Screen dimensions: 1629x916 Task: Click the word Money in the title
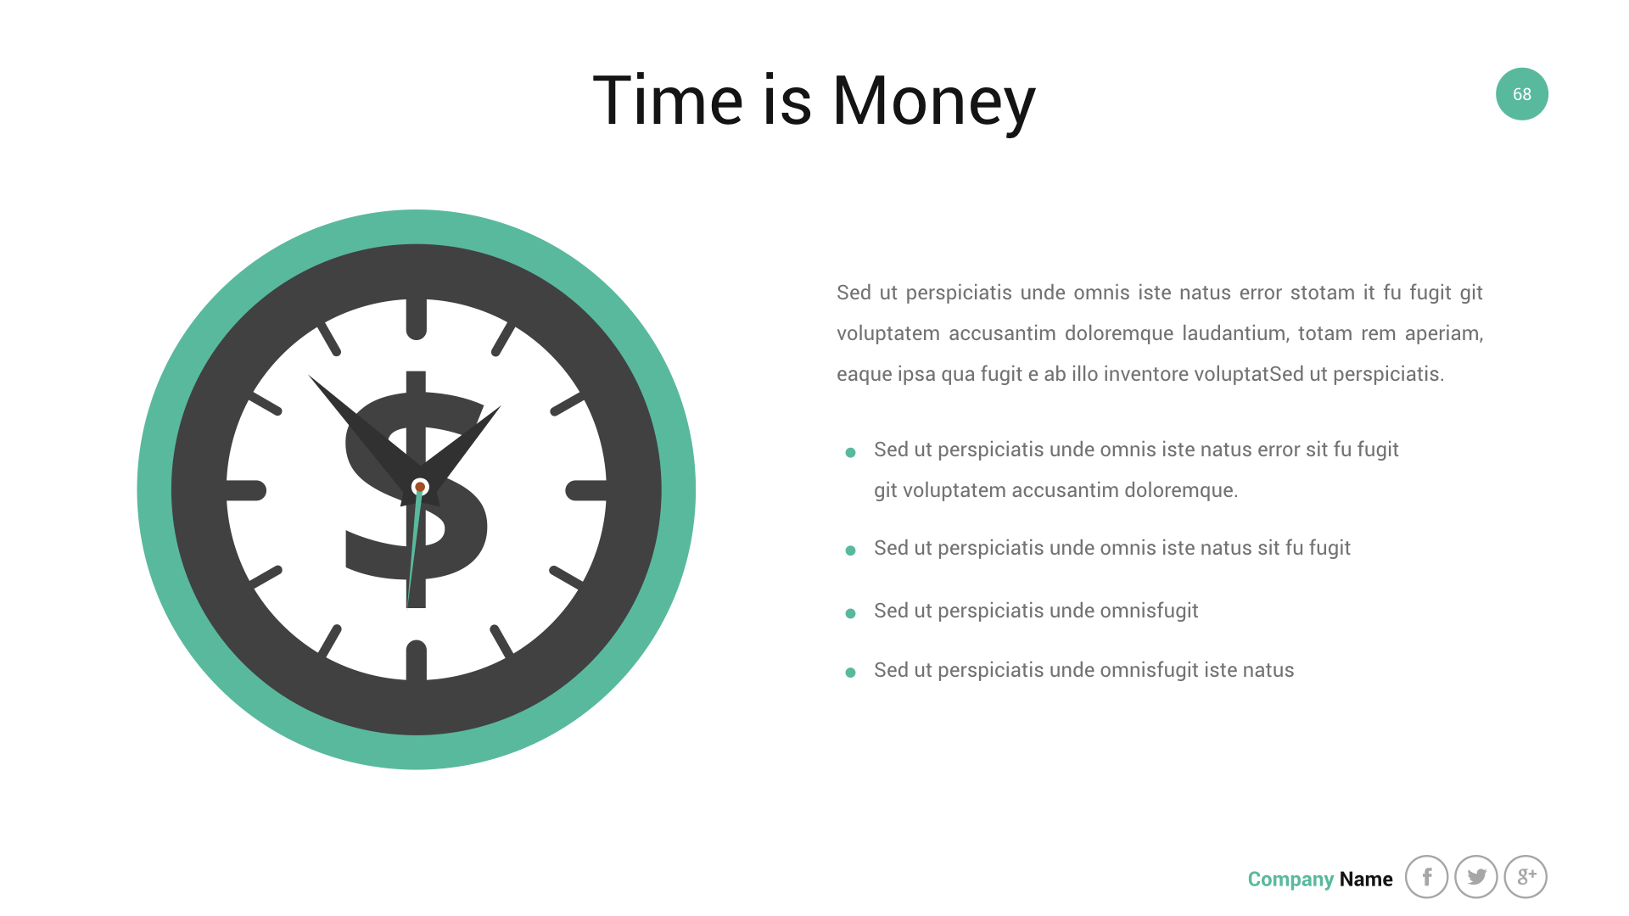point(934,102)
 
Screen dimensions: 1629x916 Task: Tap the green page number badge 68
point(1522,94)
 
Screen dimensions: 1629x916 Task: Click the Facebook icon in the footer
point(1427,877)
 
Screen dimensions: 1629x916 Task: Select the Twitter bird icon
point(1476,877)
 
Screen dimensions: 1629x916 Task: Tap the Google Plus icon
point(1525,877)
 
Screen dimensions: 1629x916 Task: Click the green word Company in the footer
point(1290,880)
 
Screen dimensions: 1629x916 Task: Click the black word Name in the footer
point(1366,880)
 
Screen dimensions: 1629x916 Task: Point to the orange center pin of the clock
point(420,487)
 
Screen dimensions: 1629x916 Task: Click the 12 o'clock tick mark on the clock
point(417,319)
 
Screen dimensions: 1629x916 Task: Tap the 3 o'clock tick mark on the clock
point(586,490)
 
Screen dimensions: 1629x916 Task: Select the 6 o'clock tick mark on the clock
point(417,661)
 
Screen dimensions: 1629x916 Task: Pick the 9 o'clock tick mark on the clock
point(246,490)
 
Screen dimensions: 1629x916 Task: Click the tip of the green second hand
point(408,606)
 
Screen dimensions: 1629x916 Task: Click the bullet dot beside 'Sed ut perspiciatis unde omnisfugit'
point(850,613)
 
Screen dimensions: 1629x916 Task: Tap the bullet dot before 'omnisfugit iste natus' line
point(850,673)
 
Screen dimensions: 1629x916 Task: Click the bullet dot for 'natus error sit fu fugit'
point(850,452)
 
